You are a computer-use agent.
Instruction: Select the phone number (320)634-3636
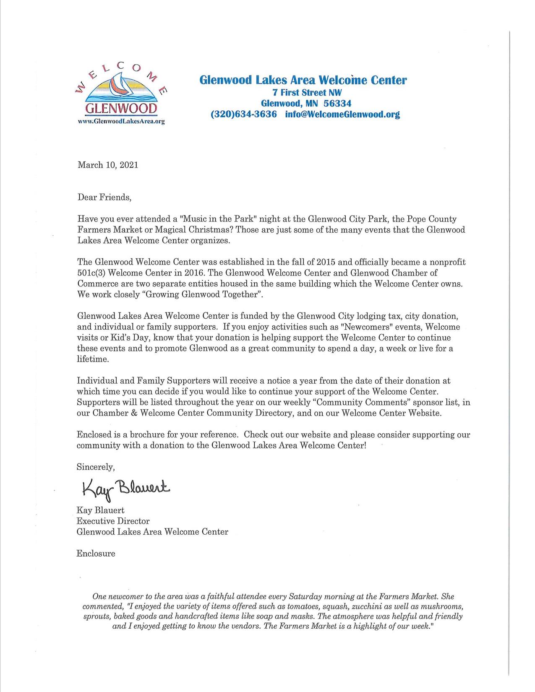[244, 114]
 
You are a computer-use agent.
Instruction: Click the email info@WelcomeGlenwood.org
[342, 114]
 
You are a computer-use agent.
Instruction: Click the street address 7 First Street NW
[303, 92]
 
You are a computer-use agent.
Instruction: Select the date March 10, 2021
[108, 165]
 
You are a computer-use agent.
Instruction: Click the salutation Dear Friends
[104, 197]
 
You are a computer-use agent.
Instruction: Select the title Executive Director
[113, 521]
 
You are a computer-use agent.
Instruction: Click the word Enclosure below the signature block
[96, 554]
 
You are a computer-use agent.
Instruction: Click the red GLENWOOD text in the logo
[121, 109]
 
